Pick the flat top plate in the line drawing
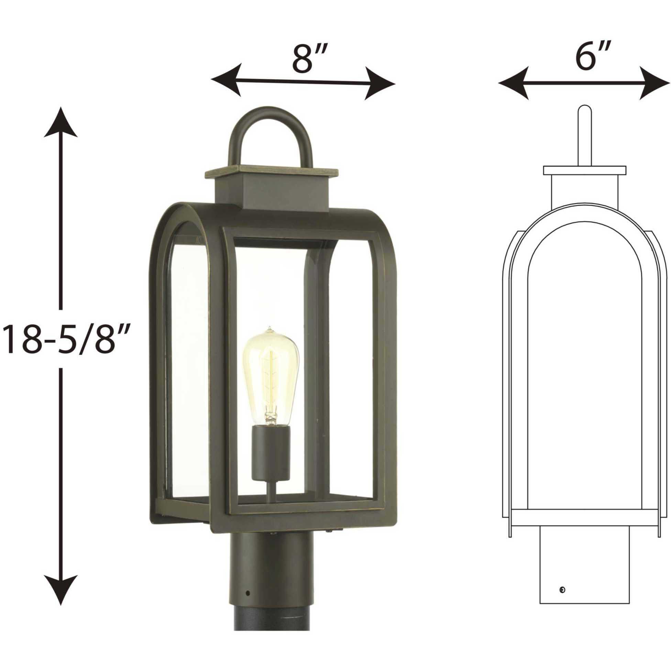coord(584,170)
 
